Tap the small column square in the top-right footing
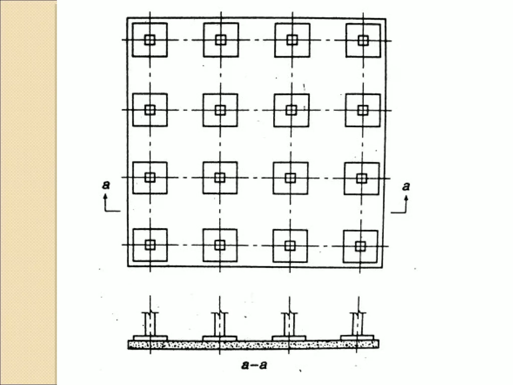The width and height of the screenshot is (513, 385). [363, 41]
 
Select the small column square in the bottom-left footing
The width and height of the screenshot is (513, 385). [150, 245]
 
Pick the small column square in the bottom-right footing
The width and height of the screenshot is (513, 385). [360, 246]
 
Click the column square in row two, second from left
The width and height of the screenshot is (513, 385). [220, 110]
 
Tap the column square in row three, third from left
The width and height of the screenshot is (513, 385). [290, 178]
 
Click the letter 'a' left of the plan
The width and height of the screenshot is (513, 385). [106, 185]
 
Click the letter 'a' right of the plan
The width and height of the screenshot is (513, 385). [406, 186]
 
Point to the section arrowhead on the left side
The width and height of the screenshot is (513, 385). [105, 197]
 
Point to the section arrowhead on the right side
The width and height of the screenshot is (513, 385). [406, 198]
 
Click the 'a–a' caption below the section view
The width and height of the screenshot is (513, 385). [254, 365]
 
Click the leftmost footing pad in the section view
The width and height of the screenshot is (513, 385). [150, 338]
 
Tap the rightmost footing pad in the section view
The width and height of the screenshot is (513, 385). [357, 338]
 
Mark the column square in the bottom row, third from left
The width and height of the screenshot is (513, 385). [290, 246]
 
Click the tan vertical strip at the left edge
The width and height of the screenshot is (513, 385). [28, 192]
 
